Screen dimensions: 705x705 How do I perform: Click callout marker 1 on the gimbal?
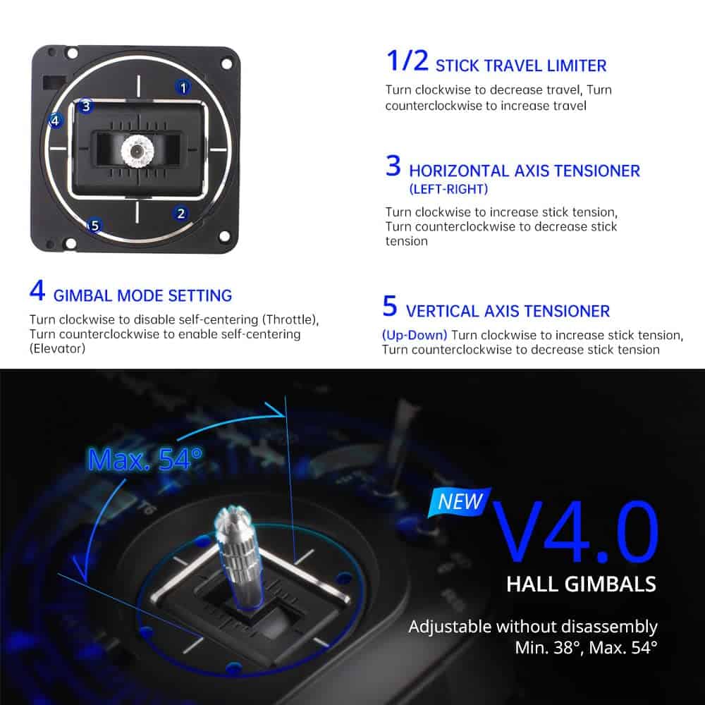(x=183, y=87)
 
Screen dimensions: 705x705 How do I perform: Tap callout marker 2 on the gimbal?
(x=180, y=213)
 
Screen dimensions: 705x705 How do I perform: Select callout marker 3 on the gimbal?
(x=85, y=106)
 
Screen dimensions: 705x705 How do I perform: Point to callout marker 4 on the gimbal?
(x=55, y=120)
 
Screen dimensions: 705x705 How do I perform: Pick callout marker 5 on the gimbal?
(x=94, y=226)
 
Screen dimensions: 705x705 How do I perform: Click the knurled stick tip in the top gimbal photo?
(x=137, y=150)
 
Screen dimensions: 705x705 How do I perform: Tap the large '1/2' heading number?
(x=407, y=61)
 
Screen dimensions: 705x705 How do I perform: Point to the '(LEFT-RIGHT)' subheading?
(x=448, y=189)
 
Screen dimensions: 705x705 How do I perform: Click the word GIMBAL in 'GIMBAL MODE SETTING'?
(x=82, y=296)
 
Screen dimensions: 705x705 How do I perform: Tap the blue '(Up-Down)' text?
(x=415, y=336)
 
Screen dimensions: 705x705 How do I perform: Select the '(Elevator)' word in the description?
(x=57, y=348)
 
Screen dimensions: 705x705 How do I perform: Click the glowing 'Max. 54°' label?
(x=145, y=459)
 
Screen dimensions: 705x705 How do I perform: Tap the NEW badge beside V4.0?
(x=459, y=501)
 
